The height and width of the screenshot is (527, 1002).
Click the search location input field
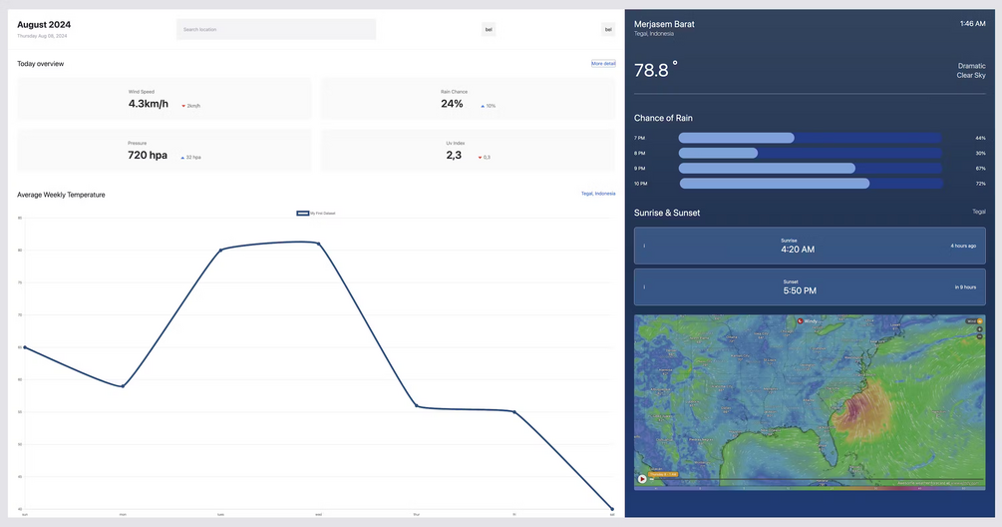point(276,29)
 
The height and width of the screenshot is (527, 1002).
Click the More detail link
point(603,63)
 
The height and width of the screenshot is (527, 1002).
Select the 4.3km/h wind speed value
point(149,104)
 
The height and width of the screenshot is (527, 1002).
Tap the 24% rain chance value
point(452,104)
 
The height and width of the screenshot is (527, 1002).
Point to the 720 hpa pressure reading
point(148,156)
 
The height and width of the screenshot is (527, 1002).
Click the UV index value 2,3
point(454,156)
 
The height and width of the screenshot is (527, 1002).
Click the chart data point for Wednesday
point(318,243)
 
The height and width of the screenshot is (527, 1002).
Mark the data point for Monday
point(123,386)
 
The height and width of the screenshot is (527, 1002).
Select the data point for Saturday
point(612,509)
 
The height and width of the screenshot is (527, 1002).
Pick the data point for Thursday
point(416,406)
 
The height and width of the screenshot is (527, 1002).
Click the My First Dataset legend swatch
point(302,213)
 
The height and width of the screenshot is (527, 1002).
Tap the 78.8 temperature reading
point(652,70)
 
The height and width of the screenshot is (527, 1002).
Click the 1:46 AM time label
point(972,23)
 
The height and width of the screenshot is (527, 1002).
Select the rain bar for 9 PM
point(767,169)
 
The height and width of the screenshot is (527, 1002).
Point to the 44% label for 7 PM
point(980,138)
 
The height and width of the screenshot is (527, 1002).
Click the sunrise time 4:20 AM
point(797,250)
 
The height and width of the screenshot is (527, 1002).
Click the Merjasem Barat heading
point(664,23)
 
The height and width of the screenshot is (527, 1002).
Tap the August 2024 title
point(44,25)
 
